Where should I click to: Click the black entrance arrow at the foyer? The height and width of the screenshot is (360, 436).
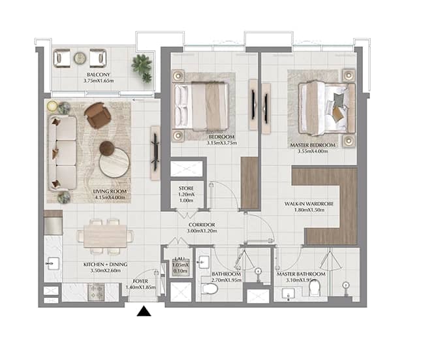pos(144,312)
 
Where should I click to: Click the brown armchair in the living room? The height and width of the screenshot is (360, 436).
pos(97,116)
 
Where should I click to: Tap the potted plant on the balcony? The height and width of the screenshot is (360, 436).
pos(142,66)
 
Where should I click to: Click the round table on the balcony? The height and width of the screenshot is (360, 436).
pos(80,58)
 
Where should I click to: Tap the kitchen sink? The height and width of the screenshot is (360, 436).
pos(52,263)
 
